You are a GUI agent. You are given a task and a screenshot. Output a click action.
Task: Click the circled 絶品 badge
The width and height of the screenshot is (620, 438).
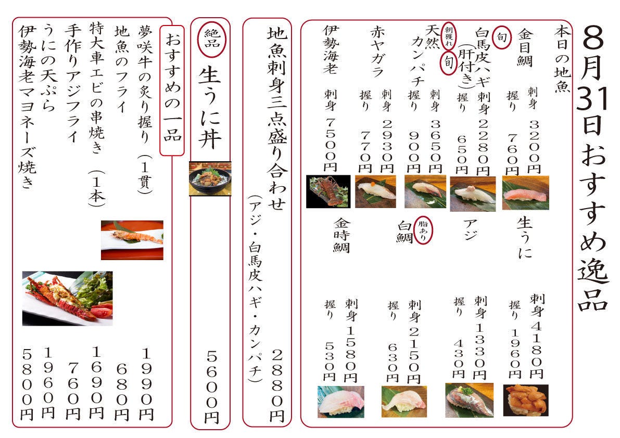[x=211, y=40]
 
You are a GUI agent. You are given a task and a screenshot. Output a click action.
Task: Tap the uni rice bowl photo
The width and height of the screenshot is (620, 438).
[x=210, y=178]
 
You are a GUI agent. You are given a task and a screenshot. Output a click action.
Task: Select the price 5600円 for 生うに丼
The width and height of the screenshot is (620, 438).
[x=212, y=388]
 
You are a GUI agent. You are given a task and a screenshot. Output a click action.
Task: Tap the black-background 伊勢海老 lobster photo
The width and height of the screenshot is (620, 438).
[x=328, y=191]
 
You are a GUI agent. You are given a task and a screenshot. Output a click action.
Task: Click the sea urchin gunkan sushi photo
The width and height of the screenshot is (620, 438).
[x=525, y=400]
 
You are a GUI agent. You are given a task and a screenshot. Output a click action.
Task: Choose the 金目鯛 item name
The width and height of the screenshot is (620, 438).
[x=525, y=48]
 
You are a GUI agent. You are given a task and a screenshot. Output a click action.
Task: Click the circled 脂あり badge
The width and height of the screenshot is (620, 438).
[x=423, y=230]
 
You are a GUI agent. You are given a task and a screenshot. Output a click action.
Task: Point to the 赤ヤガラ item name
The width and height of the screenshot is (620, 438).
[x=377, y=51]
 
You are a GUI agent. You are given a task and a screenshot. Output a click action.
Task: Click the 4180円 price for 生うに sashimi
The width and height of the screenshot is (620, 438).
[x=537, y=350]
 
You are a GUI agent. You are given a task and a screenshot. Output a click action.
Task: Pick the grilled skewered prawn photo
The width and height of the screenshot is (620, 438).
[x=132, y=240]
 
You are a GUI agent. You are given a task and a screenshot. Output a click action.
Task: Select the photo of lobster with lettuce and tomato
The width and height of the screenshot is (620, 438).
[x=67, y=298]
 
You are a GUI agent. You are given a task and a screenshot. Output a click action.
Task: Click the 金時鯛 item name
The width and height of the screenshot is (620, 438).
[x=341, y=235]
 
